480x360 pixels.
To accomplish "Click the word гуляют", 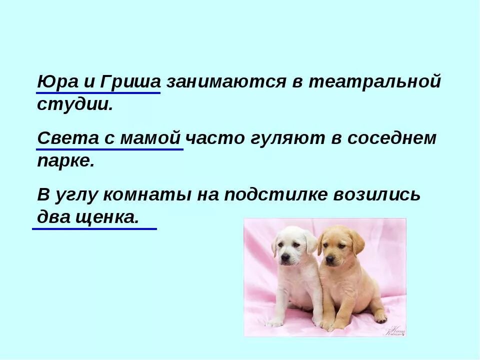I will [285, 138].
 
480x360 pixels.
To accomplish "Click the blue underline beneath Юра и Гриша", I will [98, 92].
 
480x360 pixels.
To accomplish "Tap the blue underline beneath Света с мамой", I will [110, 149].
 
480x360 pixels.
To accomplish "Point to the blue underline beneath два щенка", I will [94, 228].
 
